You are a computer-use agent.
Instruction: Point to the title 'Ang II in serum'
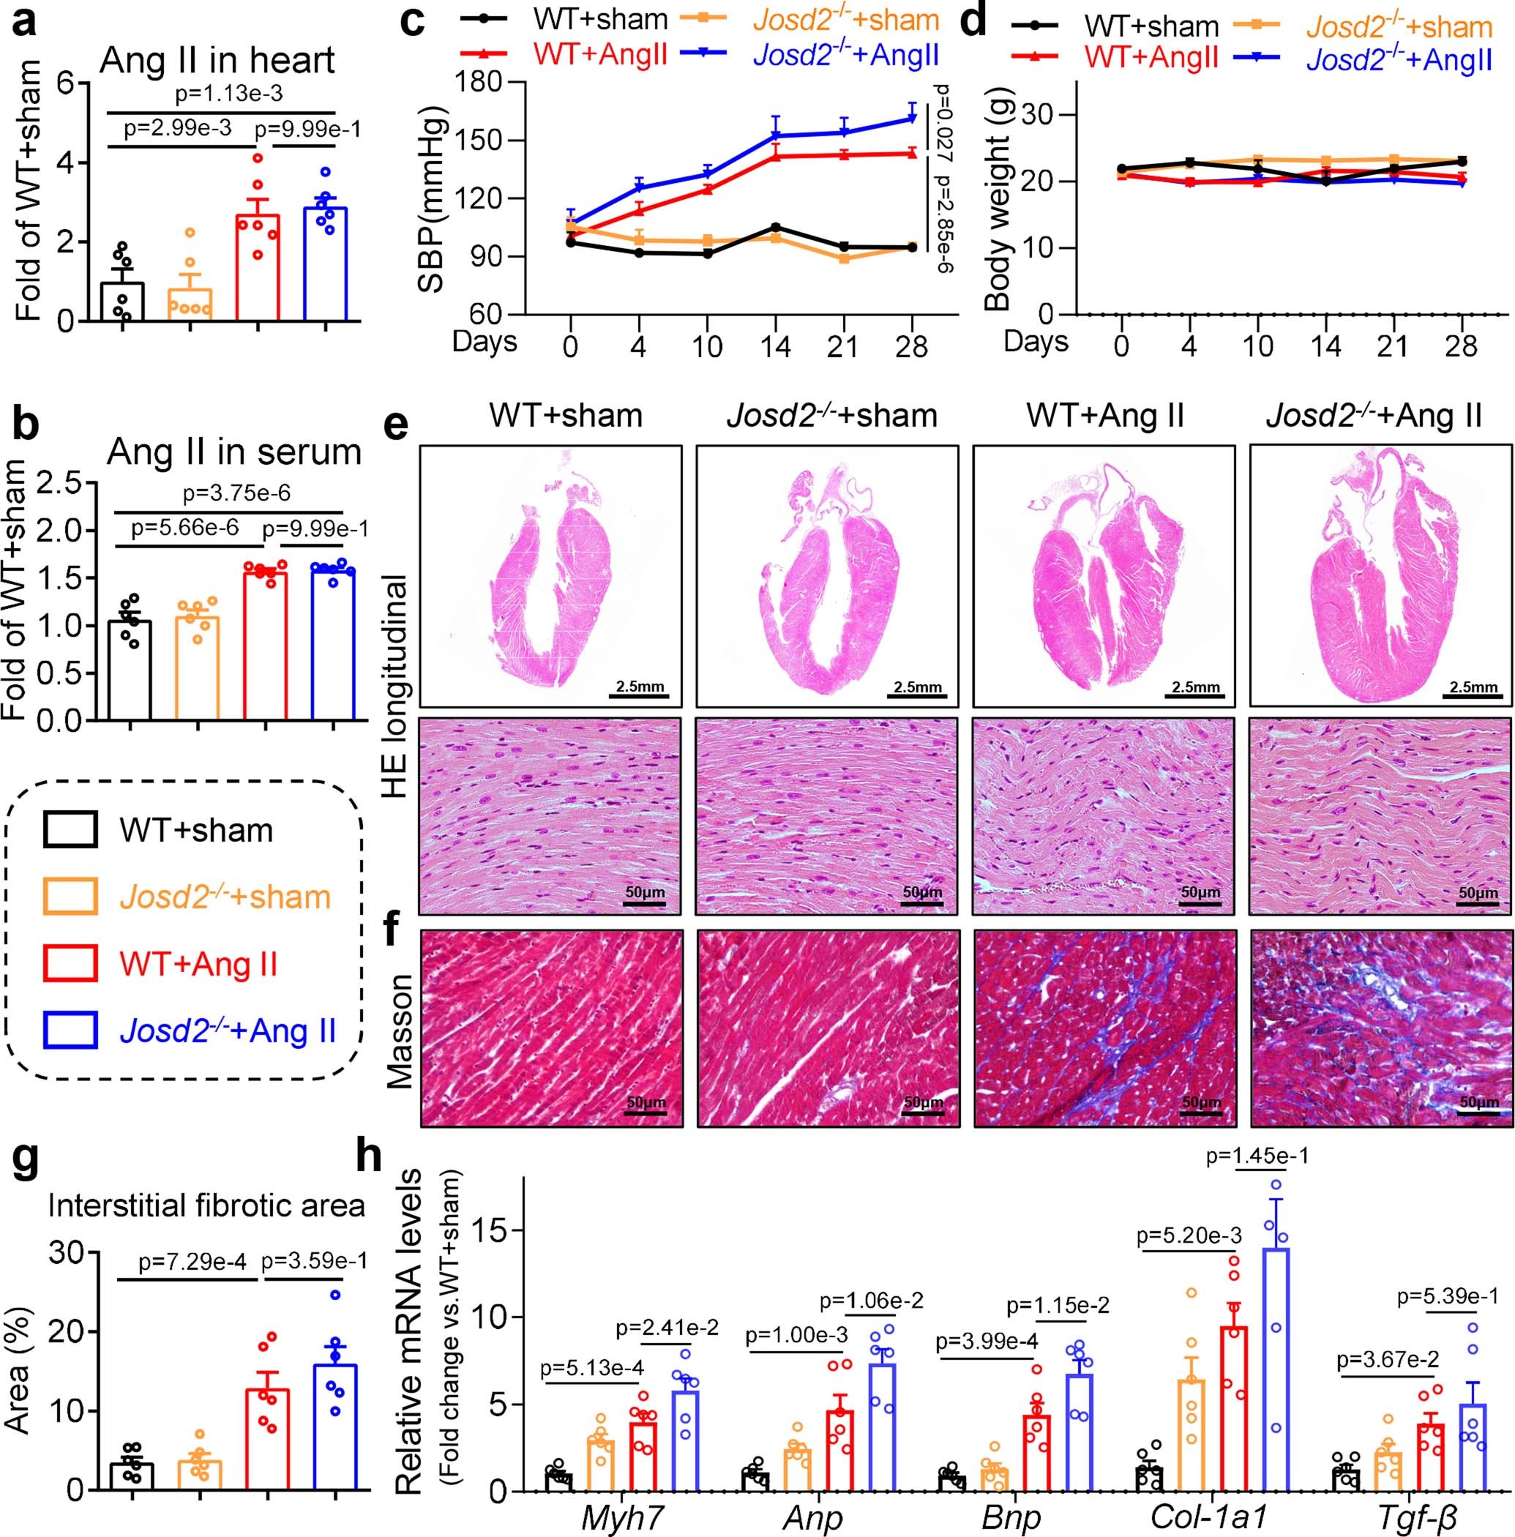pos(234,452)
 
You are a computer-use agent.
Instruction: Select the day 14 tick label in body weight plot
pos(1325,346)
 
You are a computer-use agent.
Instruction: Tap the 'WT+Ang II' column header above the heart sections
pos(1105,415)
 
